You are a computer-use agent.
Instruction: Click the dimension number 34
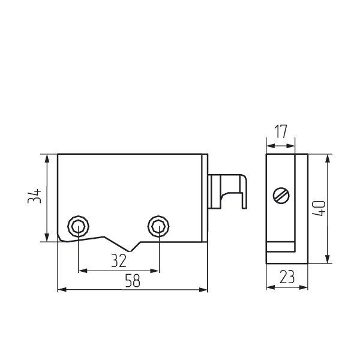34,196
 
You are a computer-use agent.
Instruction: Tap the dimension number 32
119,260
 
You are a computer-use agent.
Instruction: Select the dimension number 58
133,281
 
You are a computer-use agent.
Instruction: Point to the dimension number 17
281,131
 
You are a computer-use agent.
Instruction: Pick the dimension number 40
319,208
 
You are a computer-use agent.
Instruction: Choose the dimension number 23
287,277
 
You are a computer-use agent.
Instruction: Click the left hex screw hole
78,226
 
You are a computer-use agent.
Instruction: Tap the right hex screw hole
158,226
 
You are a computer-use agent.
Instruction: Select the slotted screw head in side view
281,196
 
